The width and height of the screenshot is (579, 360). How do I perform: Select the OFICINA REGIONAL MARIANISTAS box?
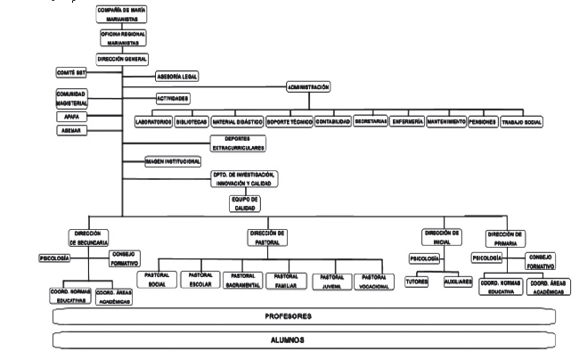tap(125, 38)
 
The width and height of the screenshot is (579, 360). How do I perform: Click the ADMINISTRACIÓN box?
tap(309, 87)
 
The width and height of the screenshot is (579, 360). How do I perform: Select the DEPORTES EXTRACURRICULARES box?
tap(236, 143)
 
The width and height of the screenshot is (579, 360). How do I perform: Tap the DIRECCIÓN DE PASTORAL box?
tap(266, 236)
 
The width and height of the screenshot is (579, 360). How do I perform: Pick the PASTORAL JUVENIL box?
tap(332, 281)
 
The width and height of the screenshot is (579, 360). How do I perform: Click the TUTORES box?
tap(417, 281)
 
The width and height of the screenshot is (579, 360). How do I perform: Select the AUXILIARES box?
tap(458, 281)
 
